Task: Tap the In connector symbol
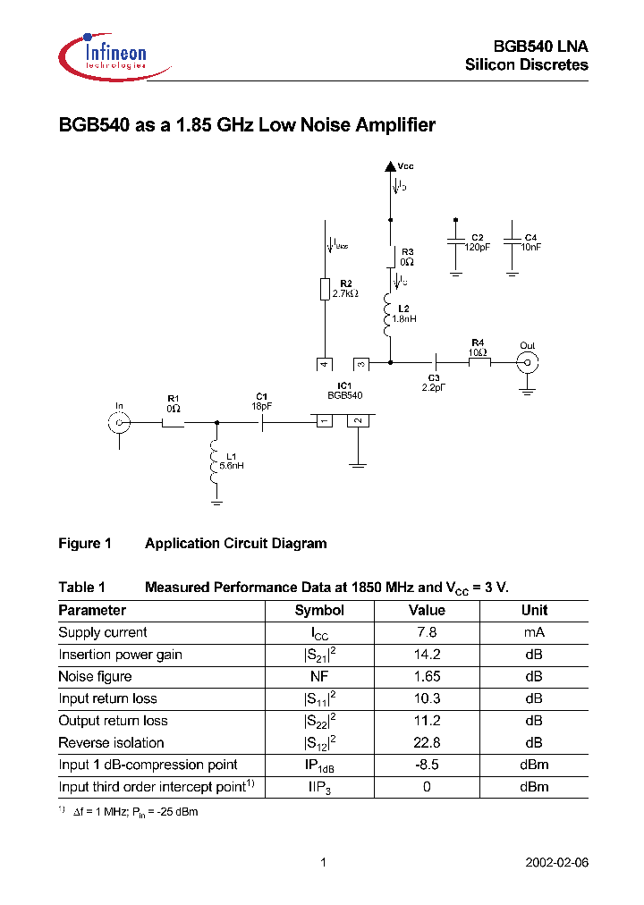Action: [x=120, y=423]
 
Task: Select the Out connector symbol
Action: [x=528, y=362]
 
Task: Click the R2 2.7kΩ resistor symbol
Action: [x=326, y=290]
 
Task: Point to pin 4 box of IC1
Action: [x=325, y=364]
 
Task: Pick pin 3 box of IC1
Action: [x=360, y=364]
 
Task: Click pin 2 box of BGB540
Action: [x=358, y=421]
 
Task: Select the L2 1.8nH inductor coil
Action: [x=389, y=317]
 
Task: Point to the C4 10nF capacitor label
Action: [x=531, y=241]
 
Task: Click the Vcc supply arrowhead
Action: [x=390, y=165]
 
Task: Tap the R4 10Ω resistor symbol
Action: [x=479, y=362]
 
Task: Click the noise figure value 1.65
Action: [x=426, y=677]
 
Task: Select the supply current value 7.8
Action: [x=426, y=633]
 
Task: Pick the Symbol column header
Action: [x=319, y=611]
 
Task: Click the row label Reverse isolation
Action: [x=112, y=743]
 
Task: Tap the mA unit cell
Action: [x=534, y=633]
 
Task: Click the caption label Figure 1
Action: [x=85, y=544]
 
